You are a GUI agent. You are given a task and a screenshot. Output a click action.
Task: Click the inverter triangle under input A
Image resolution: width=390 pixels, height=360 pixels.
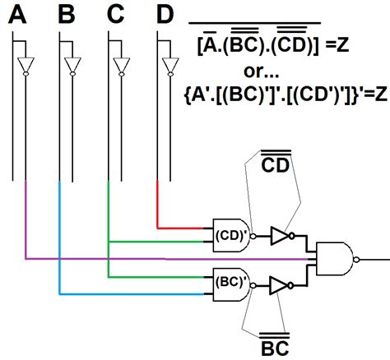(x=26, y=65)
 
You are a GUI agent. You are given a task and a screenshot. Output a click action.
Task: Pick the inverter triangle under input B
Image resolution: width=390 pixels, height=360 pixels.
(x=74, y=65)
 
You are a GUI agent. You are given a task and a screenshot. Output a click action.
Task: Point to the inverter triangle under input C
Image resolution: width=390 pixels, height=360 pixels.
(x=122, y=65)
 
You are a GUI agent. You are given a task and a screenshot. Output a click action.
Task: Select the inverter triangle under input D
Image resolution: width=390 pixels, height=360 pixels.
(x=170, y=65)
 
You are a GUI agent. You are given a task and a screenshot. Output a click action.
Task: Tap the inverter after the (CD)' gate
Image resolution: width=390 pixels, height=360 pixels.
(x=281, y=236)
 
